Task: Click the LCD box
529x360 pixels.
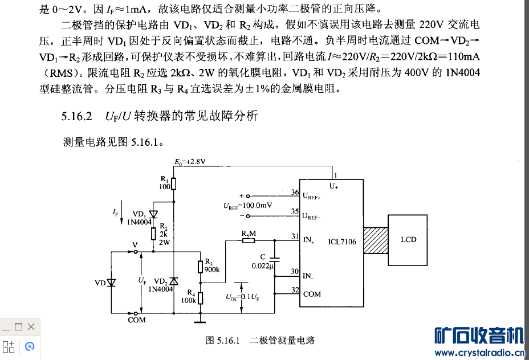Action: pos(408,240)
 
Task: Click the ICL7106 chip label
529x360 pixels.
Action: pos(342,242)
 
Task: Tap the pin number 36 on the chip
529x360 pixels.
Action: pos(295,193)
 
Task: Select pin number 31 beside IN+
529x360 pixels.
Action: pos(295,236)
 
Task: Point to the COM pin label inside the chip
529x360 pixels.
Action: pos(312,294)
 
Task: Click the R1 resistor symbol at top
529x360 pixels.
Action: pos(174,183)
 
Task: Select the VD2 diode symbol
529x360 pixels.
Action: pos(174,281)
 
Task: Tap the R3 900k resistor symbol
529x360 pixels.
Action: pos(200,267)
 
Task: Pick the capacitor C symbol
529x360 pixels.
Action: pos(275,257)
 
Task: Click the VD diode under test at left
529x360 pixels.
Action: pos(112,283)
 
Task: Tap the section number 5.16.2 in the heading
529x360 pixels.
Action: pos(77,117)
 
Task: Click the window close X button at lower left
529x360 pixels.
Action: pos(31,326)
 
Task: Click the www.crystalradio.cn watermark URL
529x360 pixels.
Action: pos(479,353)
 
